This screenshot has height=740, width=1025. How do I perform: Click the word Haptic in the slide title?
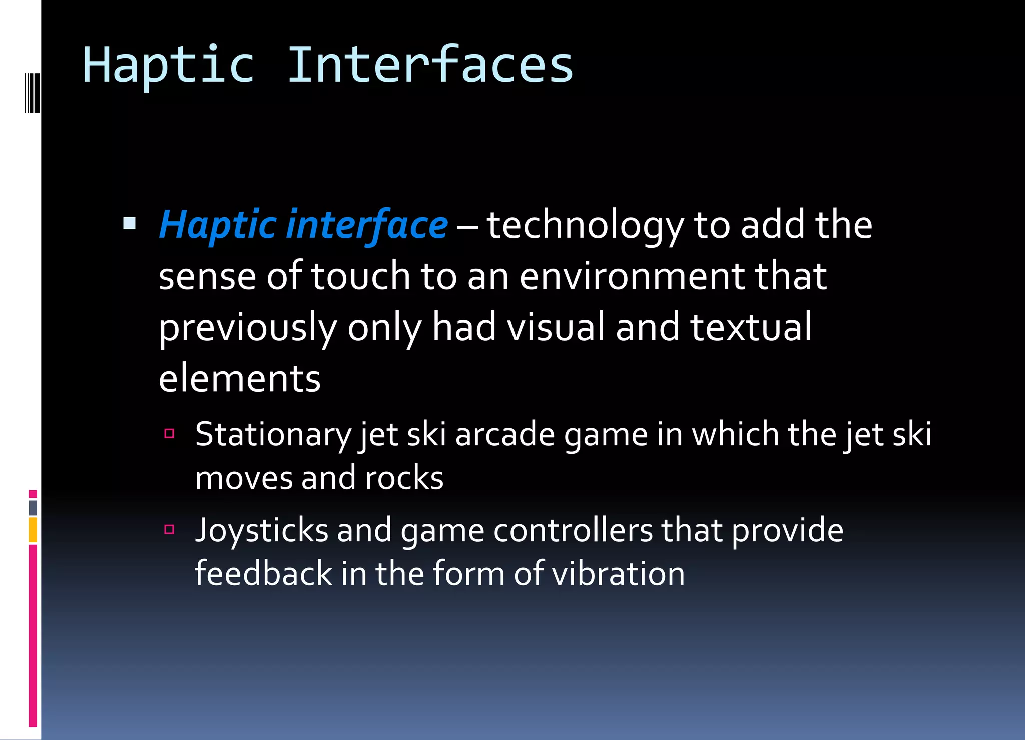(168, 66)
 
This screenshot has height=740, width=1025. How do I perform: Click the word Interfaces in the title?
(430, 65)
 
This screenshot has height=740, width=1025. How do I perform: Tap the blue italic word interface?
(367, 225)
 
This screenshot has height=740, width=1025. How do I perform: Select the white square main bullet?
(129, 223)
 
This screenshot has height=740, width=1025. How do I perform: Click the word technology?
(585, 226)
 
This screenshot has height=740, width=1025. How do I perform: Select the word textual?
(751, 327)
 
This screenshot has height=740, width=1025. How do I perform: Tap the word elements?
(239, 379)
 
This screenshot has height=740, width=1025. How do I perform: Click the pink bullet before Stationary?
(169, 433)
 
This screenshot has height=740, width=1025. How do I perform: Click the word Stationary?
(273, 434)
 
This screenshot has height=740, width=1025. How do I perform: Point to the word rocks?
(404, 478)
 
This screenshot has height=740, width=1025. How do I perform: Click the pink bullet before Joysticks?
(169, 529)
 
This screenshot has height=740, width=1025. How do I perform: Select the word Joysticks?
(261, 530)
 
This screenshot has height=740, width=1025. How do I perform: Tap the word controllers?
(573, 530)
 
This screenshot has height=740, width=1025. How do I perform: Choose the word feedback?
(263, 573)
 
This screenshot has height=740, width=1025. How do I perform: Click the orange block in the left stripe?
(33, 530)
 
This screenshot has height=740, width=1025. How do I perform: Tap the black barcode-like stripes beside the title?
(32, 93)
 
